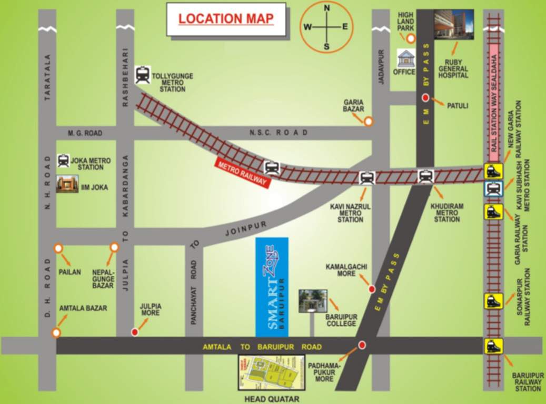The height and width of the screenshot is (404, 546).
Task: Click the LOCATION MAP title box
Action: [x=226, y=19]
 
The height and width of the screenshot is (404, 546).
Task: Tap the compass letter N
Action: [x=326, y=8]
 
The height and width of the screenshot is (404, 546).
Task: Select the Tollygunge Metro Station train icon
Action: [x=142, y=75]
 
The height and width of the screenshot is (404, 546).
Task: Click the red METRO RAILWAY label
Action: [x=242, y=173]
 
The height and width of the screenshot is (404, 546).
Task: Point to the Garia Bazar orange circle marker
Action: [x=369, y=122]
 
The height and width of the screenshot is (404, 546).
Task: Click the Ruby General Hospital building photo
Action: [x=453, y=24]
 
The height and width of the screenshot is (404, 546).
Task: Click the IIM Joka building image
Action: [x=67, y=184]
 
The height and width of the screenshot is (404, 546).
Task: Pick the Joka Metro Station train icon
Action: [x=63, y=160]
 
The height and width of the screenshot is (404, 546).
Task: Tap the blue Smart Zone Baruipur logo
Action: [x=272, y=287]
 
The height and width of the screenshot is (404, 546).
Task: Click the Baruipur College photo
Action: [x=313, y=301]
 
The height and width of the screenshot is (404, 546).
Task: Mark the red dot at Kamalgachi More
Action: [x=372, y=289]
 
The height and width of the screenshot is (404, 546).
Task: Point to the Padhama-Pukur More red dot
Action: [x=362, y=346]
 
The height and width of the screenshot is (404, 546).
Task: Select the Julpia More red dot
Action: [x=135, y=332]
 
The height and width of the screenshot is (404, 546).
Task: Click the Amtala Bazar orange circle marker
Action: [x=56, y=332]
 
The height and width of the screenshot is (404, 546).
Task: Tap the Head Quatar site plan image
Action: [x=272, y=372]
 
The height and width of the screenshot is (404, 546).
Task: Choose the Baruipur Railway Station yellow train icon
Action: [x=494, y=346]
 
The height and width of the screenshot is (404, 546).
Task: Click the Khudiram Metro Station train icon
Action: [x=425, y=176]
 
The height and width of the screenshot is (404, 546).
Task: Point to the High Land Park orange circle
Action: [x=411, y=38]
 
